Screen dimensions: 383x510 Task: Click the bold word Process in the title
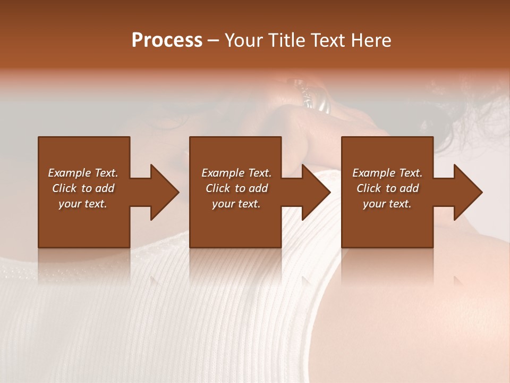pyautogui.click(x=167, y=40)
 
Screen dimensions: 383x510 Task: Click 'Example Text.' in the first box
pyautogui.click(x=83, y=173)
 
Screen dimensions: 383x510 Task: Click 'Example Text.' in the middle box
pyautogui.click(x=236, y=173)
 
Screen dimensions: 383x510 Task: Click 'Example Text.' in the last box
pyautogui.click(x=387, y=173)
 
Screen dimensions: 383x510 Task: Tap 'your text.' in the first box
pyautogui.click(x=83, y=204)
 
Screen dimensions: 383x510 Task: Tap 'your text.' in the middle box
pyautogui.click(x=236, y=204)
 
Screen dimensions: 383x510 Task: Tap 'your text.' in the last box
pyautogui.click(x=387, y=204)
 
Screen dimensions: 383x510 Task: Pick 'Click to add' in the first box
pyautogui.click(x=83, y=188)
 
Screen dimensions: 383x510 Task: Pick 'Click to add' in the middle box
pyautogui.click(x=236, y=188)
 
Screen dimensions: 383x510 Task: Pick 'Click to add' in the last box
pyautogui.click(x=387, y=188)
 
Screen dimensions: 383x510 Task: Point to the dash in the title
pyautogui.click(x=213, y=41)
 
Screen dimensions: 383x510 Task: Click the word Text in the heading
pyautogui.click(x=325, y=40)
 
